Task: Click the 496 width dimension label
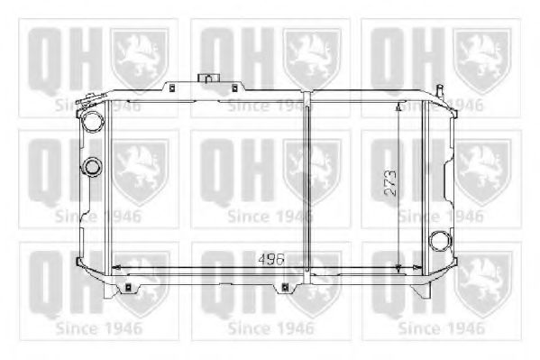[271, 259]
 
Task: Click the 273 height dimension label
[390, 183]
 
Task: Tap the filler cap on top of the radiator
[208, 78]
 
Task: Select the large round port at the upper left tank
[92, 121]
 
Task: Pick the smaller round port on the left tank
[92, 167]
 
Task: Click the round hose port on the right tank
[440, 240]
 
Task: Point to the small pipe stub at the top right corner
[440, 91]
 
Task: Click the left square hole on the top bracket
[173, 88]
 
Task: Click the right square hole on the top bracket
[235, 88]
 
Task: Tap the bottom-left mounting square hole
[128, 286]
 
